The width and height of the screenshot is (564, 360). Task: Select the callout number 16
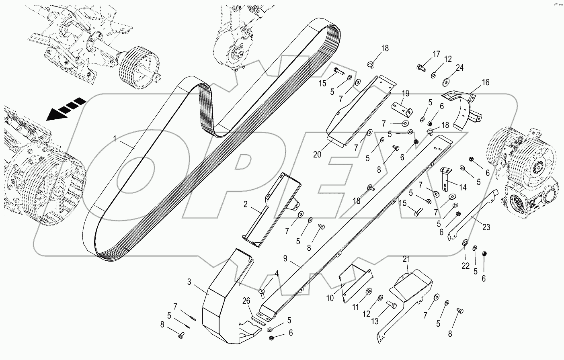click(486, 83)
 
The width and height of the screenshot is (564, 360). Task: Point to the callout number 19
click(405, 94)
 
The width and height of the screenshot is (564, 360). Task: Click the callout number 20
click(317, 154)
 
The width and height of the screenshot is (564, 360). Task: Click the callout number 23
click(486, 227)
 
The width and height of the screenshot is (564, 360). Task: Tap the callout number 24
click(459, 68)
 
